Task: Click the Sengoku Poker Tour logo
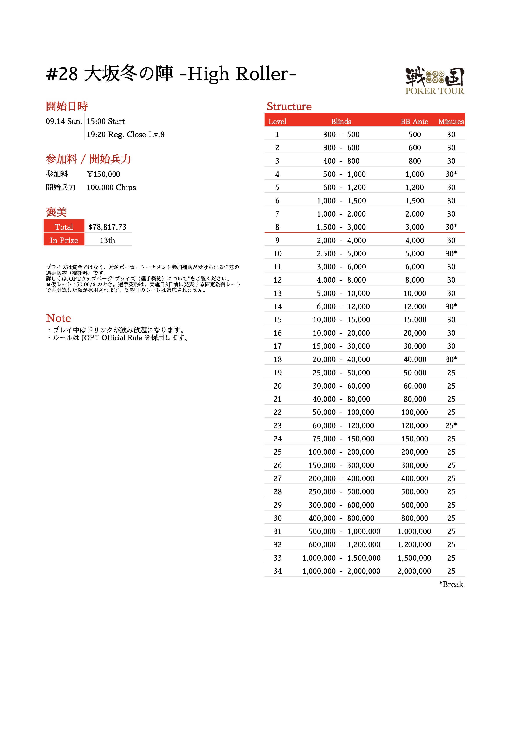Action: point(434,81)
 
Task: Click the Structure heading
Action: point(289,107)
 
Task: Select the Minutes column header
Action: point(451,122)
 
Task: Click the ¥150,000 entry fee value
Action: point(103,174)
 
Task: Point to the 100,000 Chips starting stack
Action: point(111,188)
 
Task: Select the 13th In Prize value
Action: point(107,240)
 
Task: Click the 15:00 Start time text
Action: point(105,122)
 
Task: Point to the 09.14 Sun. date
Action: point(64,122)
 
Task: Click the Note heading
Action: point(59,318)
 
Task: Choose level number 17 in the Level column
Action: point(277,346)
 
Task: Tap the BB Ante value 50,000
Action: point(415,373)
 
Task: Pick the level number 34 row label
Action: point(277,571)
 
